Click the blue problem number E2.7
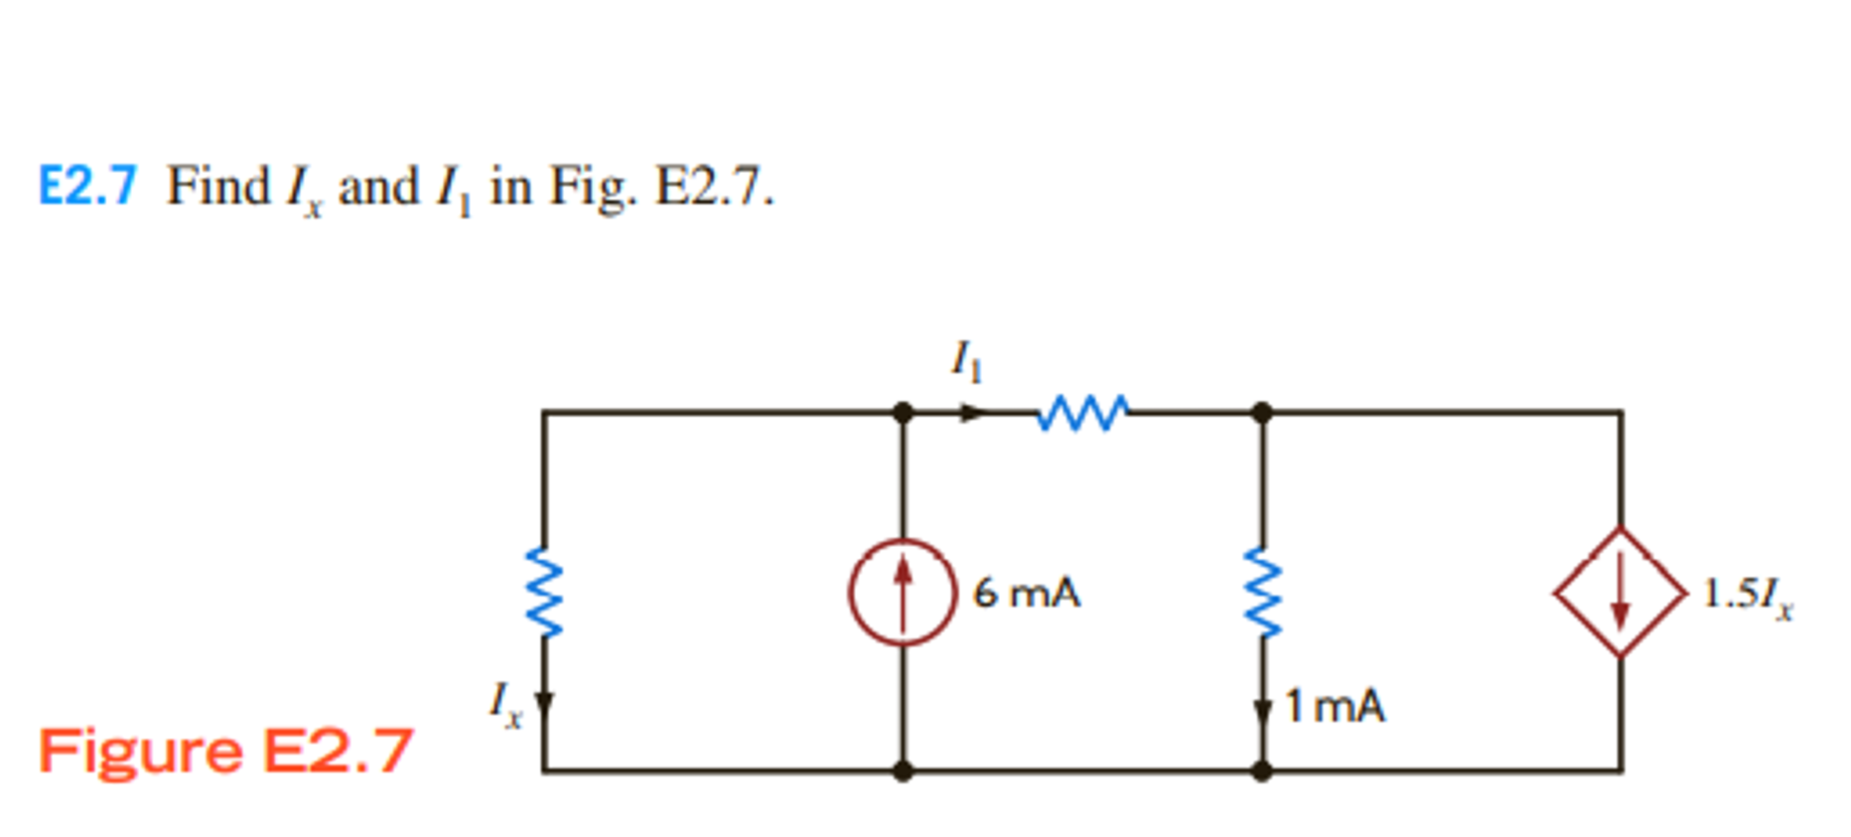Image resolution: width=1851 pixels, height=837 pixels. pos(86,186)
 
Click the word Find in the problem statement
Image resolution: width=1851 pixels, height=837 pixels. pos(217,186)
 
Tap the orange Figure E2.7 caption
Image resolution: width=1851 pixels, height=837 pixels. pos(225,751)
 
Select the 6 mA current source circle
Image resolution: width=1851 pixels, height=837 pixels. pos(902,593)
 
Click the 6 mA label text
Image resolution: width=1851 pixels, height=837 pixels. pos(1027,594)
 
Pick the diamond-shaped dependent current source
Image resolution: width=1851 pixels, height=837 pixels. pos(1620,593)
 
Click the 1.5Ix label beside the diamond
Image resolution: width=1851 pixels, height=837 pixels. pos(1747,596)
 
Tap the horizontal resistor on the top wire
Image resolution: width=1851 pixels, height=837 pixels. pos(1082,412)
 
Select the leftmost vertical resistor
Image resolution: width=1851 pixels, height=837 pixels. pos(544,591)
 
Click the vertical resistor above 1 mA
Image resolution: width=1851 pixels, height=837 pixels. pos(1262,593)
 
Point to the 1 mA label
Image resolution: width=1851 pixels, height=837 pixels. pos(1335,707)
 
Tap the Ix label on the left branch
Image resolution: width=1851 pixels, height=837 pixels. pos(504,705)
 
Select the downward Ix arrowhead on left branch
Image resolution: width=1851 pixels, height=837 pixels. pos(544,703)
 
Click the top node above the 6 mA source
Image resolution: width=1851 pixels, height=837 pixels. pos(902,412)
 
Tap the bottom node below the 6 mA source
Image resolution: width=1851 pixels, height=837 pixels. pos(902,770)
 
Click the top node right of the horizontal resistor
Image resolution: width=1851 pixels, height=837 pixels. pos(1262,412)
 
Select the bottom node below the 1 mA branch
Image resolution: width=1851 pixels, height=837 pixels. pos(1262,770)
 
